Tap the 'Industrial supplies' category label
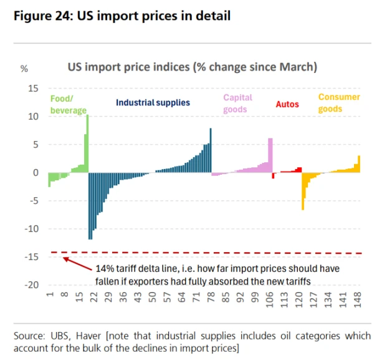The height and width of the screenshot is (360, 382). click(x=153, y=102)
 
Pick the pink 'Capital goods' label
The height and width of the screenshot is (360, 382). click(x=237, y=103)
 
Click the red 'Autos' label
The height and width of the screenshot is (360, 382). click(x=287, y=104)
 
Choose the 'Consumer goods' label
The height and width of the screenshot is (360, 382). click(x=339, y=103)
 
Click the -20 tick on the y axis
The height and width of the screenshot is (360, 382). click(x=31, y=285)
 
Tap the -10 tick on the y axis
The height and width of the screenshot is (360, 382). click(x=31, y=229)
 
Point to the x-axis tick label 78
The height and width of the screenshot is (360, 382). click(x=211, y=302)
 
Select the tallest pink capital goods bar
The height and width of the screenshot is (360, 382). click(x=270, y=155)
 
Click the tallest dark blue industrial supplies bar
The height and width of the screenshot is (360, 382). click(x=211, y=150)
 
